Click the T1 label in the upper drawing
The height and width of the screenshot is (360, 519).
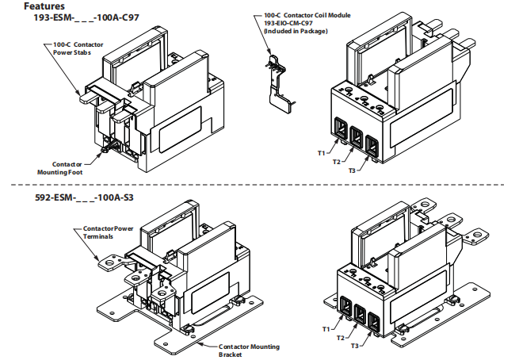click(323, 151)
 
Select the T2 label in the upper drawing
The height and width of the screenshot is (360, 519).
click(337, 162)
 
